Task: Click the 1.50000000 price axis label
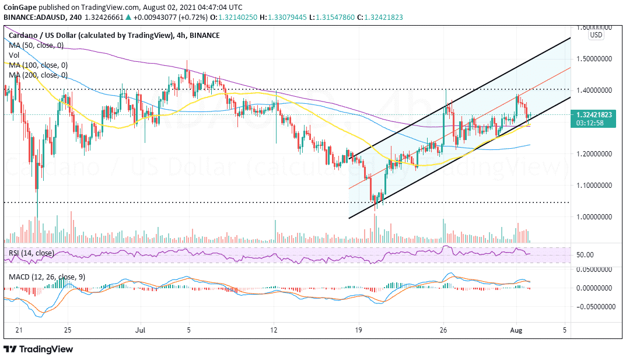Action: pyautogui.click(x=594, y=59)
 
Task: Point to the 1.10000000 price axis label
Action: pyautogui.click(x=594, y=185)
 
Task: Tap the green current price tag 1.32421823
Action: pyautogui.click(x=594, y=115)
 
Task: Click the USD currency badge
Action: pyautogui.click(x=596, y=35)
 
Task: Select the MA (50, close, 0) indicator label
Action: pyautogui.click(x=36, y=46)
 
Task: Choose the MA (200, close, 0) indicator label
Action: pyautogui.click(x=38, y=75)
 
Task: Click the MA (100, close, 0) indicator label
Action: pyautogui.click(x=38, y=65)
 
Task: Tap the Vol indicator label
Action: pyautogui.click(x=14, y=55)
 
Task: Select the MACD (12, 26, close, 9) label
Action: pyautogui.click(x=47, y=277)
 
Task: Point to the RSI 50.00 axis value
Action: pyautogui.click(x=585, y=255)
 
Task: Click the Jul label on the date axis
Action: pyautogui.click(x=140, y=330)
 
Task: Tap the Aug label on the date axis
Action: pyautogui.click(x=516, y=330)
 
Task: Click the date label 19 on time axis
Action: pyautogui.click(x=359, y=330)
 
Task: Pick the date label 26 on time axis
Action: pyautogui.click(x=443, y=330)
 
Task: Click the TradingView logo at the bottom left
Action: pyautogui.click(x=39, y=349)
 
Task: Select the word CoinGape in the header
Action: pyautogui.click(x=20, y=8)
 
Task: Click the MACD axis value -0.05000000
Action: pyautogui.click(x=593, y=306)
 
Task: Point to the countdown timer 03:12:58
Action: pyautogui.click(x=590, y=123)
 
